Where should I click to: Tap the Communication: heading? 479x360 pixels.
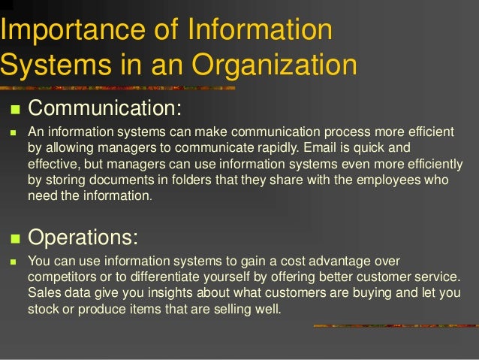105,108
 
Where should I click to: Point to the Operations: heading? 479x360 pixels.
83,237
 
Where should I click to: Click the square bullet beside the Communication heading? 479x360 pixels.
12,110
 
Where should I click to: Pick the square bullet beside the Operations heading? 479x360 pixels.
12,238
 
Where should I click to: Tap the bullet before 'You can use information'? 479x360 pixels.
12,262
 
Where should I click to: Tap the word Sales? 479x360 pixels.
44,293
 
